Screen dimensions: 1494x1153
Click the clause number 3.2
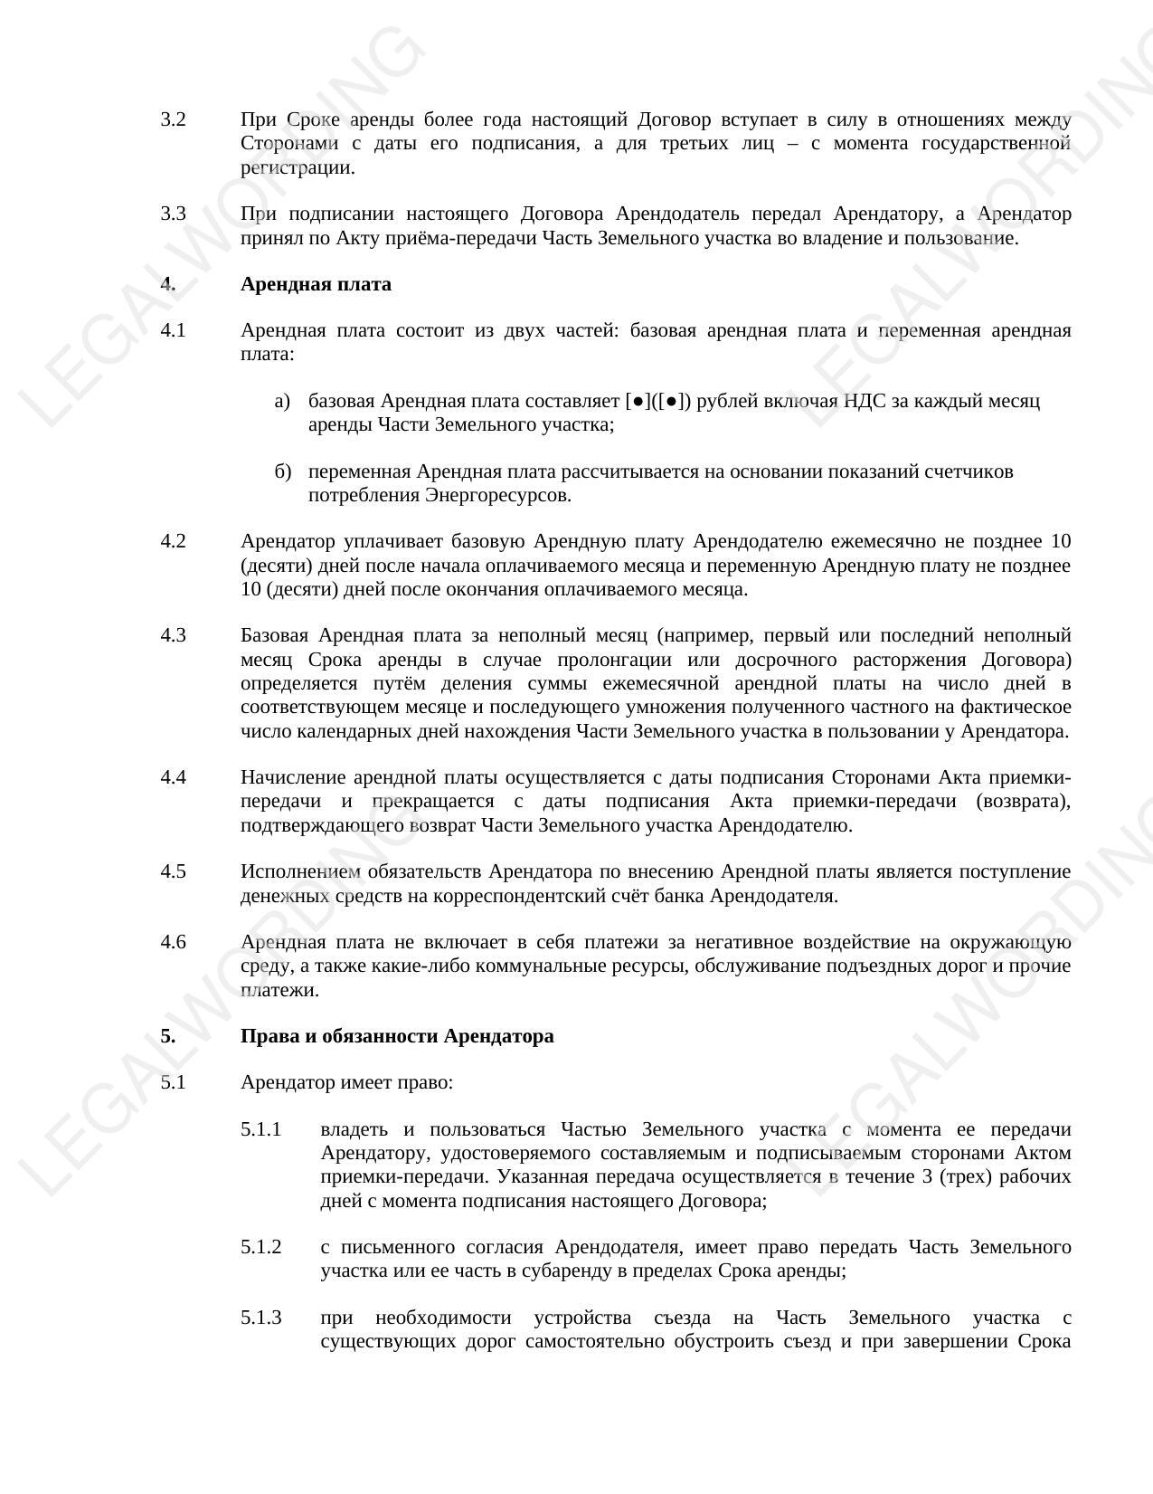173,119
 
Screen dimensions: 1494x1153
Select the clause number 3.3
173,214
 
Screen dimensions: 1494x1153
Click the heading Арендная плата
316,284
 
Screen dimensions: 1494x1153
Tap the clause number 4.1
173,330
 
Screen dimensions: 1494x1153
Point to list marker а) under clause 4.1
282,401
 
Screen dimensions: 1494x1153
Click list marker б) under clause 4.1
282,471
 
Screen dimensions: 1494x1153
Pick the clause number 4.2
173,541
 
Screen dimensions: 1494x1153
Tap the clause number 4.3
173,635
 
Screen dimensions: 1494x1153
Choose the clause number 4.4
173,777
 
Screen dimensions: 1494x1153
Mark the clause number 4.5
173,871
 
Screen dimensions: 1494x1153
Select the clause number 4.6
173,942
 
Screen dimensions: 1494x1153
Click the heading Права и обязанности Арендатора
397,1036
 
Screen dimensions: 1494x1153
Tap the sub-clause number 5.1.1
261,1129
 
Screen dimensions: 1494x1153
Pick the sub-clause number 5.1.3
261,1318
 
